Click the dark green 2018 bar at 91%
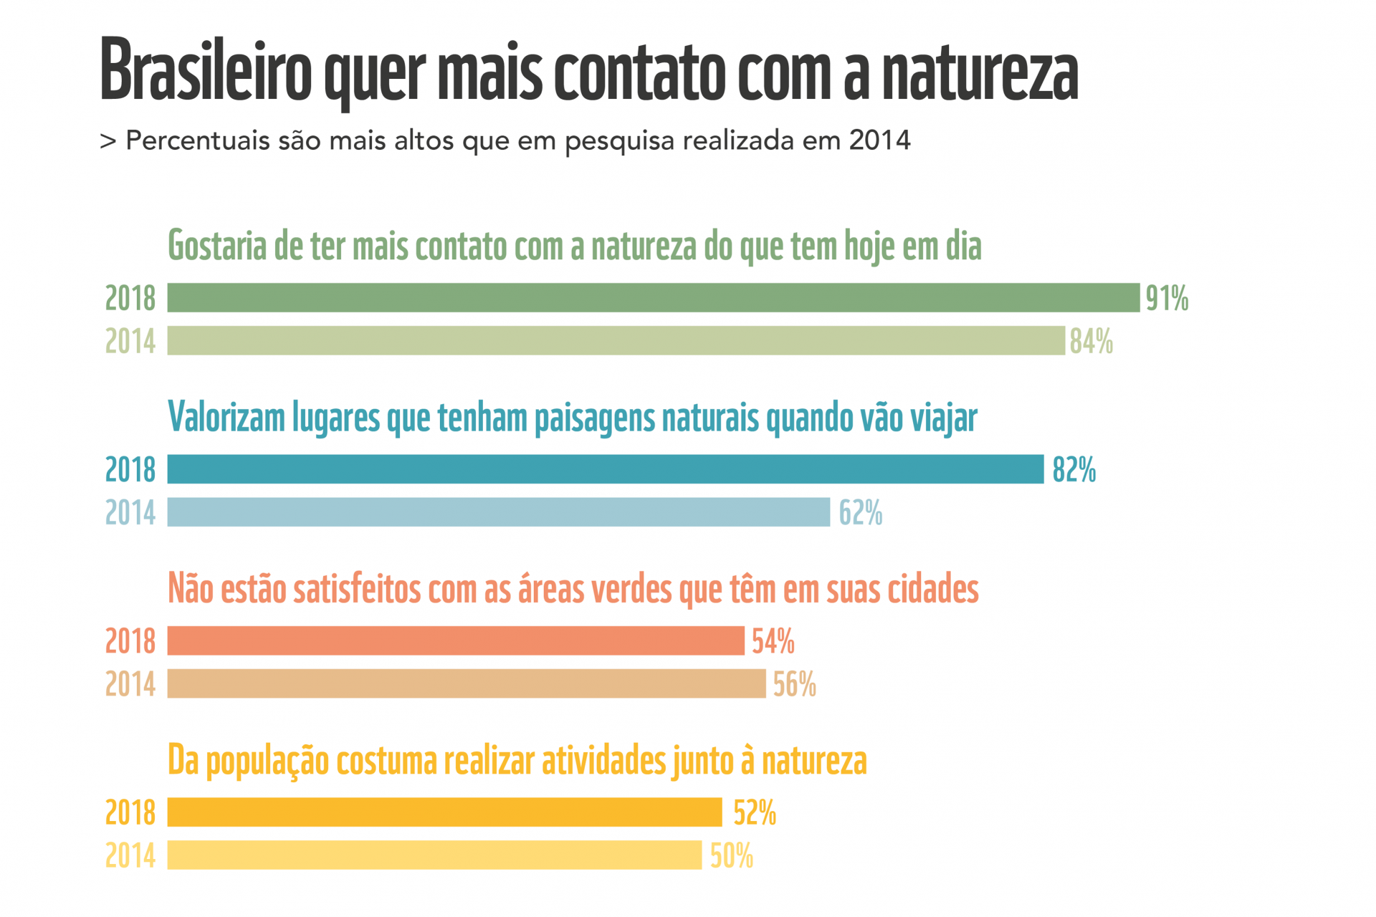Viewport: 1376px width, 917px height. pyautogui.click(x=653, y=297)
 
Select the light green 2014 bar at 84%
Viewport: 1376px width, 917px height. pyautogui.click(x=616, y=340)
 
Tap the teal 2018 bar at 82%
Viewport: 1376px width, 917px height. pyautogui.click(x=605, y=469)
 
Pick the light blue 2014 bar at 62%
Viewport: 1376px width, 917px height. pyautogui.click(x=498, y=512)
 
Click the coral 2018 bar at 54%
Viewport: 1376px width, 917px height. pyautogui.click(x=456, y=640)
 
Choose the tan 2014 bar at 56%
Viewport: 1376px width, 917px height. pyautogui.click(x=466, y=683)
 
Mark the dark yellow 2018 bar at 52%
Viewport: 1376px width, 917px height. pyautogui.click(x=444, y=812)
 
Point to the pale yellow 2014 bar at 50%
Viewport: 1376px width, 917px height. pyautogui.click(x=434, y=855)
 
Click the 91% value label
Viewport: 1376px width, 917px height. pyautogui.click(x=1167, y=298)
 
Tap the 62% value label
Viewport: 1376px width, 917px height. pyautogui.click(x=861, y=513)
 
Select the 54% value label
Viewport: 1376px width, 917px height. pyautogui.click(x=773, y=641)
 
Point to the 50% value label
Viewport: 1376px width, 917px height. pyautogui.click(x=732, y=856)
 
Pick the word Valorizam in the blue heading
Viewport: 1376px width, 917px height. pyautogui.click(x=226, y=417)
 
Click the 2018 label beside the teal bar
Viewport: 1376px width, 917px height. pyautogui.click(x=130, y=470)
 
